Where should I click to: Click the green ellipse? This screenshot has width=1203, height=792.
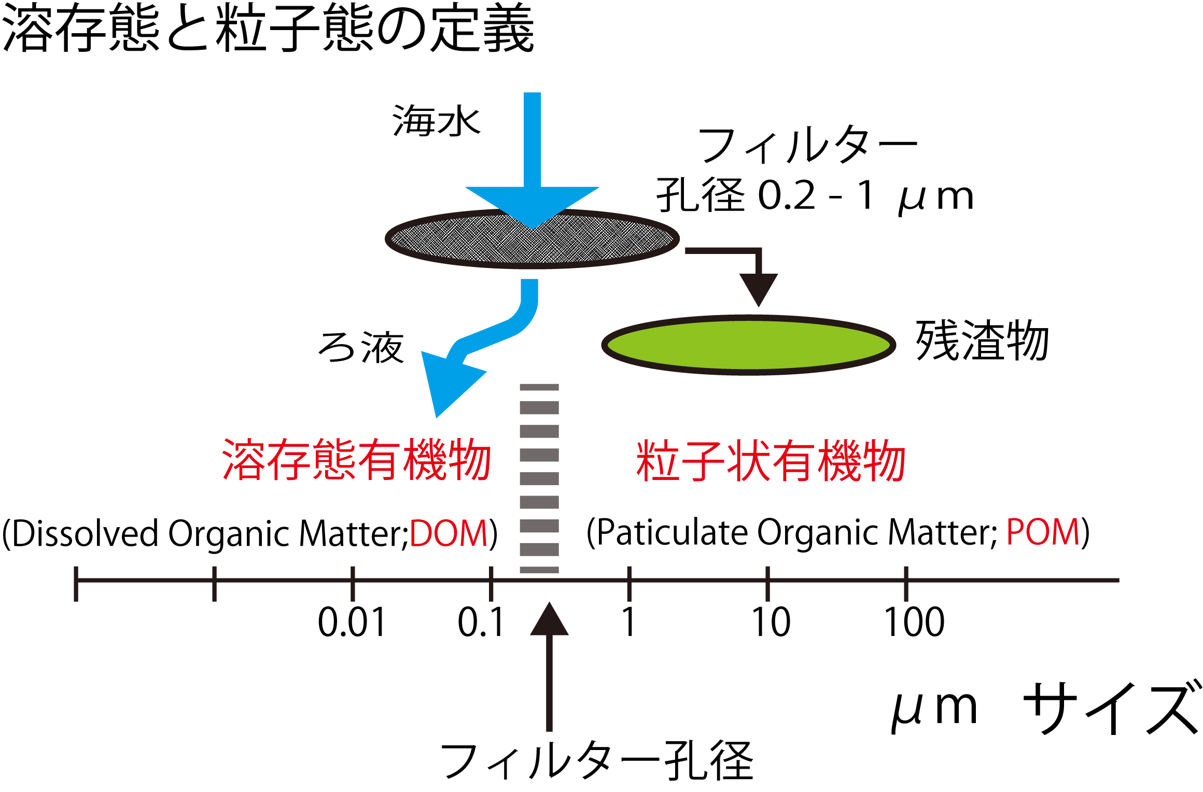pyautogui.click(x=748, y=345)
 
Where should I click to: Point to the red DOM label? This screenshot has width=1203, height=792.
pyautogui.click(x=449, y=533)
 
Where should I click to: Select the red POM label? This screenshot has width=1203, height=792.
pyautogui.click(x=1043, y=532)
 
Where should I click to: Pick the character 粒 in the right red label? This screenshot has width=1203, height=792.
pyautogui.click(x=658, y=460)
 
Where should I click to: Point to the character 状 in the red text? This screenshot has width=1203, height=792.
pyautogui.click(x=747, y=460)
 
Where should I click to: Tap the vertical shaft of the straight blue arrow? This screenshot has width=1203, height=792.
pyautogui.click(x=533, y=140)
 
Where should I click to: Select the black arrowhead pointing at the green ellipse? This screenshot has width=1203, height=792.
pyautogui.click(x=759, y=288)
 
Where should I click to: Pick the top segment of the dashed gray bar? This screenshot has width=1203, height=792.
pyautogui.click(x=539, y=387)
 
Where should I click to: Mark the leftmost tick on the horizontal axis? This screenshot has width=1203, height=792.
pyautogui.click(x=76, y=583)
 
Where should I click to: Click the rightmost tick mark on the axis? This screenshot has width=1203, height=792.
pyautogui.click(x=906, y=583)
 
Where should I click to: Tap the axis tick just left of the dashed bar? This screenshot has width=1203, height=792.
pyautogui.click(x=491, y=583)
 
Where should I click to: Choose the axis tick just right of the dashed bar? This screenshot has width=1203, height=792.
pyautogui.click(x=629, y=583)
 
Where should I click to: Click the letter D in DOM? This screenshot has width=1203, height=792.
pyautogui.click(x=421, y=533)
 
